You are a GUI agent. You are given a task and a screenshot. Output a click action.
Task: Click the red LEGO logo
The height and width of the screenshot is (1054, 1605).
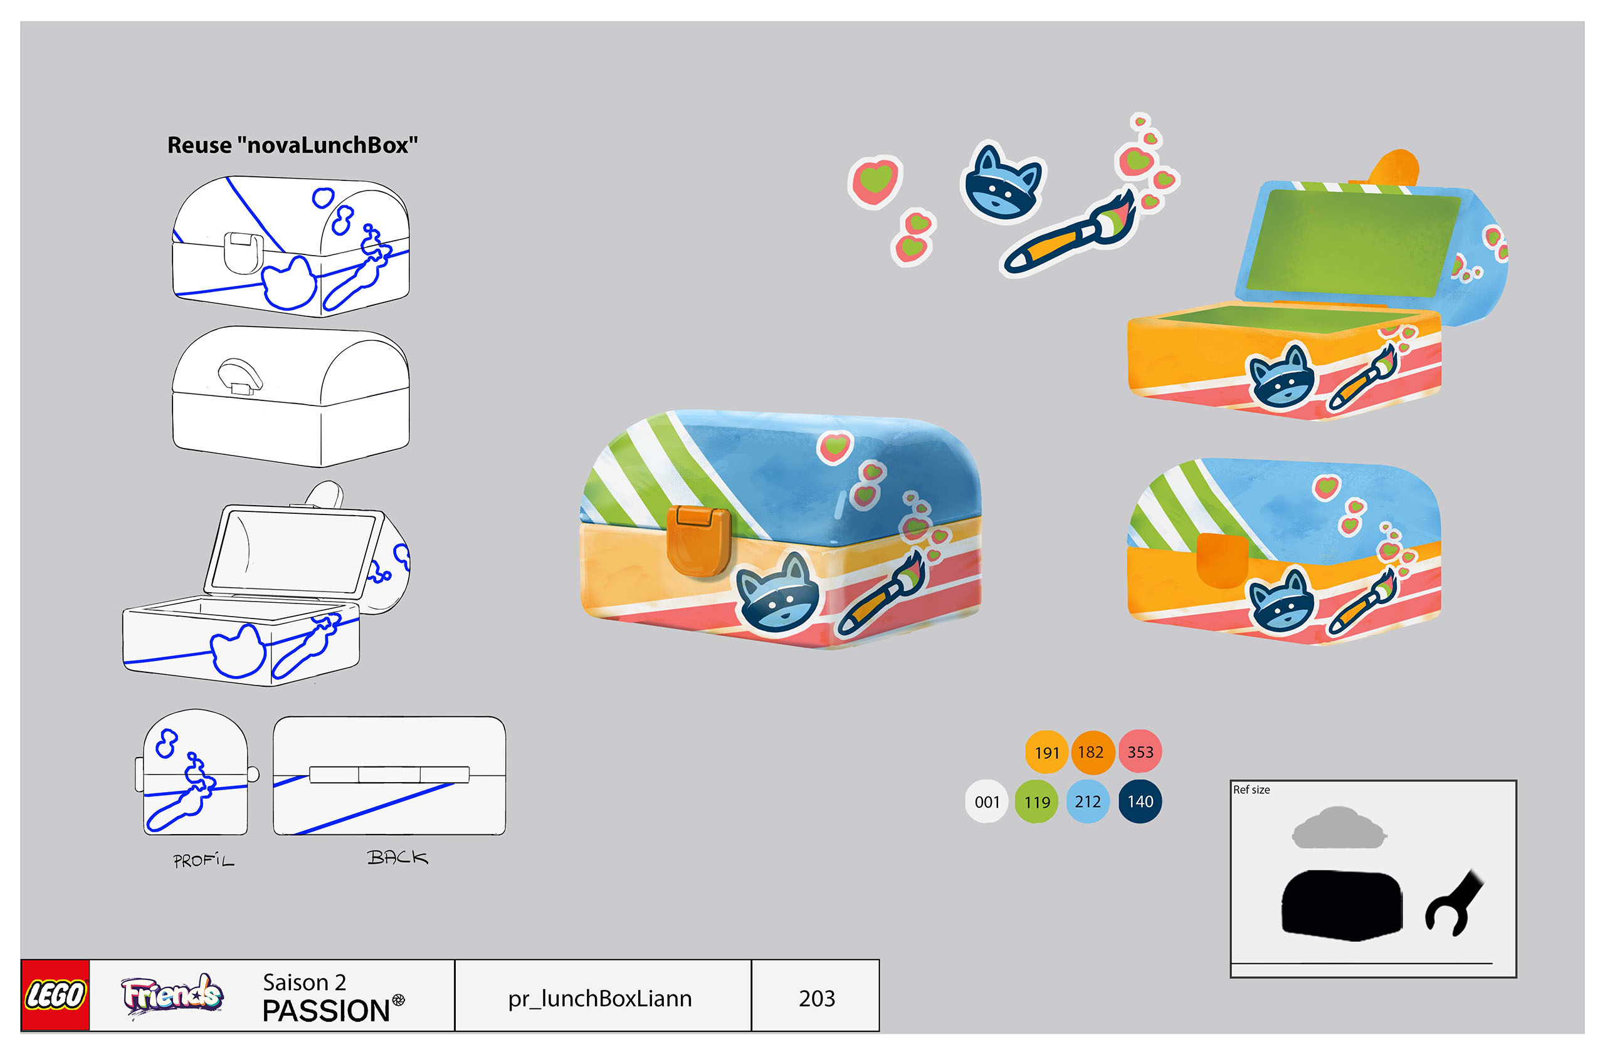55,994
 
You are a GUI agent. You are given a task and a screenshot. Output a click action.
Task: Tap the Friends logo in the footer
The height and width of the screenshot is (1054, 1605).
172,994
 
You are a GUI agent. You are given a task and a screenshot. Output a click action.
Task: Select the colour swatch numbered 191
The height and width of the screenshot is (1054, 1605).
1046,752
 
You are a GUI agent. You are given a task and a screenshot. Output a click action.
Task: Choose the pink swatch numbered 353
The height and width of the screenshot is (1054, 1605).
1140,751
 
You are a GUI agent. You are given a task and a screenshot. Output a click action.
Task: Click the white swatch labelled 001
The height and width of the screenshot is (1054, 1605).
987,801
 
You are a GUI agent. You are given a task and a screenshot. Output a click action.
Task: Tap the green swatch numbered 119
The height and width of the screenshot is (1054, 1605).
1036,801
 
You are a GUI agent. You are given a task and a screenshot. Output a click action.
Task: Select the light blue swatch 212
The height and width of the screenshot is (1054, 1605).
1088,801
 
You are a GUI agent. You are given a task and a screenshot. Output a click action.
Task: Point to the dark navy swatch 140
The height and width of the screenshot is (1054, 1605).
1140,801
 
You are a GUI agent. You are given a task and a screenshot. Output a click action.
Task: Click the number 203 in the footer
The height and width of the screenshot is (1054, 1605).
817,998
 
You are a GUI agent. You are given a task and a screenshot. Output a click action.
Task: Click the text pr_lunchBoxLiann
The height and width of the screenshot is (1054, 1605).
599,999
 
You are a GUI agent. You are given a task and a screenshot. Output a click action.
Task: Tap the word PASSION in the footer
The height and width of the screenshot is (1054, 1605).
326,1011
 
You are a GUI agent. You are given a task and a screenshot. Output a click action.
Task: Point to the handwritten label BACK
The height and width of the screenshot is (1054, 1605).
397,857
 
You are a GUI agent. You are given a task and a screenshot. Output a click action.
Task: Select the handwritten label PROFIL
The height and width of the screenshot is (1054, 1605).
204,860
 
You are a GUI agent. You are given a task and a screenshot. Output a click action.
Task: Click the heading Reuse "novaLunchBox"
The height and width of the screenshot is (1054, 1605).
293,145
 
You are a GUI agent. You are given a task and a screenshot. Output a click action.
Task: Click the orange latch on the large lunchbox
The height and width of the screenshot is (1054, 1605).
698,541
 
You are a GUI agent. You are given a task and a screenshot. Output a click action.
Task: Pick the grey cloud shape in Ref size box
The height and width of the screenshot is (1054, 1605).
1339,829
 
